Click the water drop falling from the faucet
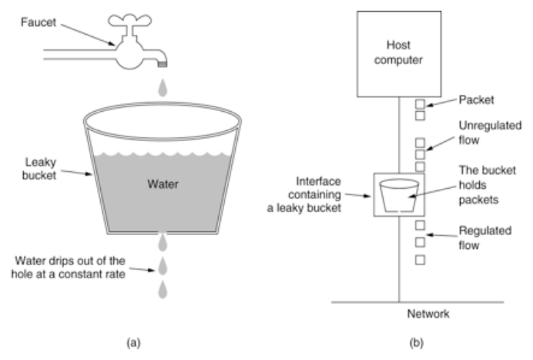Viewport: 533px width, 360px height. [x=162, y=89]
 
